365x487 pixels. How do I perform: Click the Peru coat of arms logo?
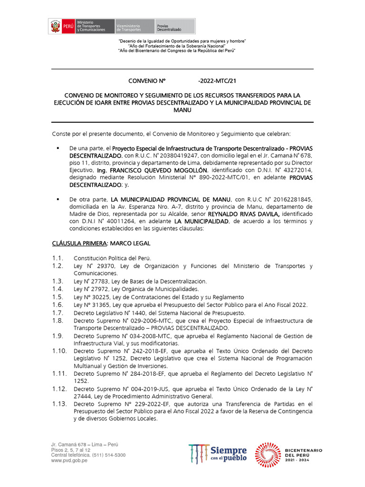pos(55,26)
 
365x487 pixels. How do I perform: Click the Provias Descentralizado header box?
pos(174,26)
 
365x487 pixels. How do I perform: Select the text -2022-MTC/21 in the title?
pos(216,81)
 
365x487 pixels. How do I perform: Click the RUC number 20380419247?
pos(167,156)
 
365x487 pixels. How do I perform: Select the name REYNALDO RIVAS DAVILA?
pos(222,214)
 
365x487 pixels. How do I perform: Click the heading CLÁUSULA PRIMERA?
pos(79,243)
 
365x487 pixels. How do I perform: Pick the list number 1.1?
pos(58,258)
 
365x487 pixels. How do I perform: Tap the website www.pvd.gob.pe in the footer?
pos(69,460)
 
